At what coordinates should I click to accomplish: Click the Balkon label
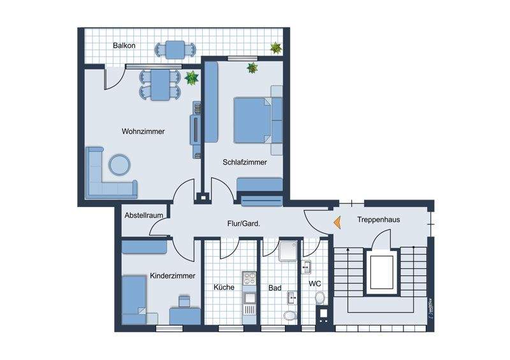click(x=124, y=47)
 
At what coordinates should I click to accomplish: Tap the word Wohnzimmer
click(x=143, y=132)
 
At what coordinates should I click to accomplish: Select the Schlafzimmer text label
click(x=245, y=162)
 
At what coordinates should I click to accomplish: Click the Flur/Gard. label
click(x=244, y=224)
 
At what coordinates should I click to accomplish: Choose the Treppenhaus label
click(x=378, y=219)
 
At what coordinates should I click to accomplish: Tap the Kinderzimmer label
click(x=172, y=276)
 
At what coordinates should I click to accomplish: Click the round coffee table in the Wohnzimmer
click(x=119, y=164)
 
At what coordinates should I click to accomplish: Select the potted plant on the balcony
click(x=276, y=47)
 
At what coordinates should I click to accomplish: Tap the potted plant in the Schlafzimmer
click(x=252, y=67)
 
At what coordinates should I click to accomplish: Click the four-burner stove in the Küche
click(x=249, y=278)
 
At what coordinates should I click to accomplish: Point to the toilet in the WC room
click(x=320, y=298)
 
